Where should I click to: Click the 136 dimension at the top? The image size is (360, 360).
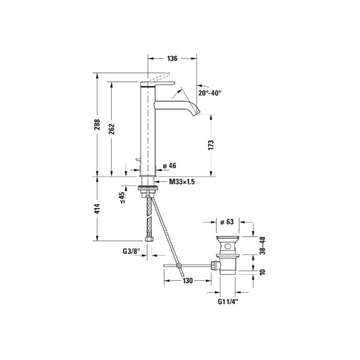tap(172, 59)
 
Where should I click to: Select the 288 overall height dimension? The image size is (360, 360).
tap(98, 124)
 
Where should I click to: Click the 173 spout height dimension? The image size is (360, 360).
tap(211, 145)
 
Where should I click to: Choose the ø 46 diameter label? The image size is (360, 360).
tap(169, 166)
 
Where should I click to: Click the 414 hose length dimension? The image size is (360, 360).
tap(98, 209)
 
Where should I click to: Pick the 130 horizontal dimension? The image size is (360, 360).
tap(187, 280)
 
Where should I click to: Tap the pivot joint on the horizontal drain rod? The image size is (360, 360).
tap(178, 265)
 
